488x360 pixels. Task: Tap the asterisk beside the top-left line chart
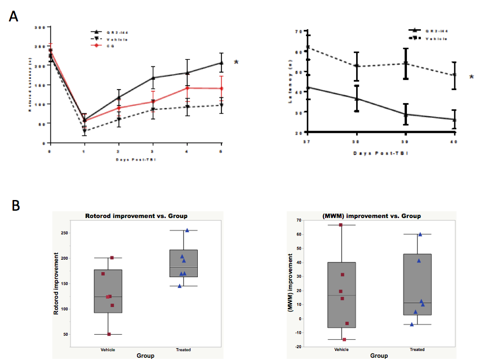click(x=236, y=63)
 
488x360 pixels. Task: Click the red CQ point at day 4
click(x=187, y=88)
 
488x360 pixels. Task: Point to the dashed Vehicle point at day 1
click(x=85, y=131)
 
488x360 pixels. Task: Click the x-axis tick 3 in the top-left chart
click(x=153, y=152)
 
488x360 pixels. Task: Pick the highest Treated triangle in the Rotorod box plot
click(x=187, y=230)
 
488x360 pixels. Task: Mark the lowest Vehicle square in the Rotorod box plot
click(x=109, y=334)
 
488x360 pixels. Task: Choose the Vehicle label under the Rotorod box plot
click(x=110, y=349)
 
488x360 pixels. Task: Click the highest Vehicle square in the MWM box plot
click(x=340, y=225)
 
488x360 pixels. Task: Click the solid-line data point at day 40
click(x=454, y=119)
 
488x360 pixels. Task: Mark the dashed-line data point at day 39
click(x=405, y=63)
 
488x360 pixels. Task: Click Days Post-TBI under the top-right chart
click(x=380, y=153)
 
